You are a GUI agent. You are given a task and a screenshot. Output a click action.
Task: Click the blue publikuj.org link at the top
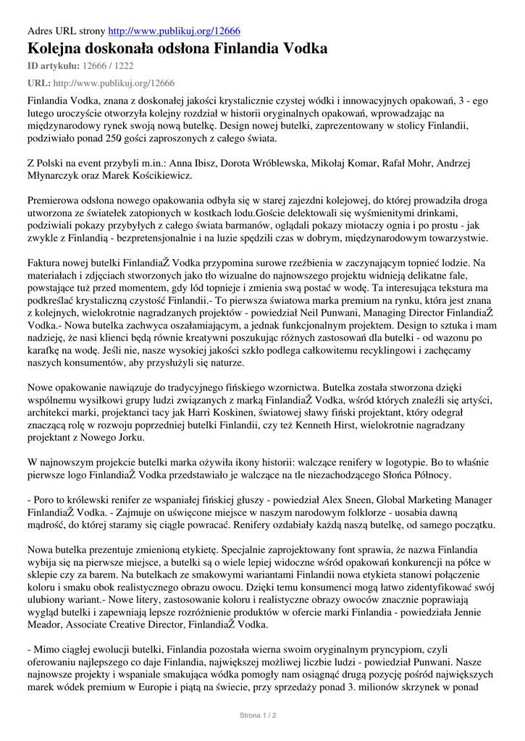[x=174, y=31]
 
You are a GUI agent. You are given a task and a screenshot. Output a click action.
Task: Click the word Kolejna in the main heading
[x=57, y=49]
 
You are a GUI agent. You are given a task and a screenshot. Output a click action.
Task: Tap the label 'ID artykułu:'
[x=53, y=66]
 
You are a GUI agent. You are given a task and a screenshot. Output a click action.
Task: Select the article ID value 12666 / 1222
[x=109, y=66]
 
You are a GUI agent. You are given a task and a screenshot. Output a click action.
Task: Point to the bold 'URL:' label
[x=38, y=83]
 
